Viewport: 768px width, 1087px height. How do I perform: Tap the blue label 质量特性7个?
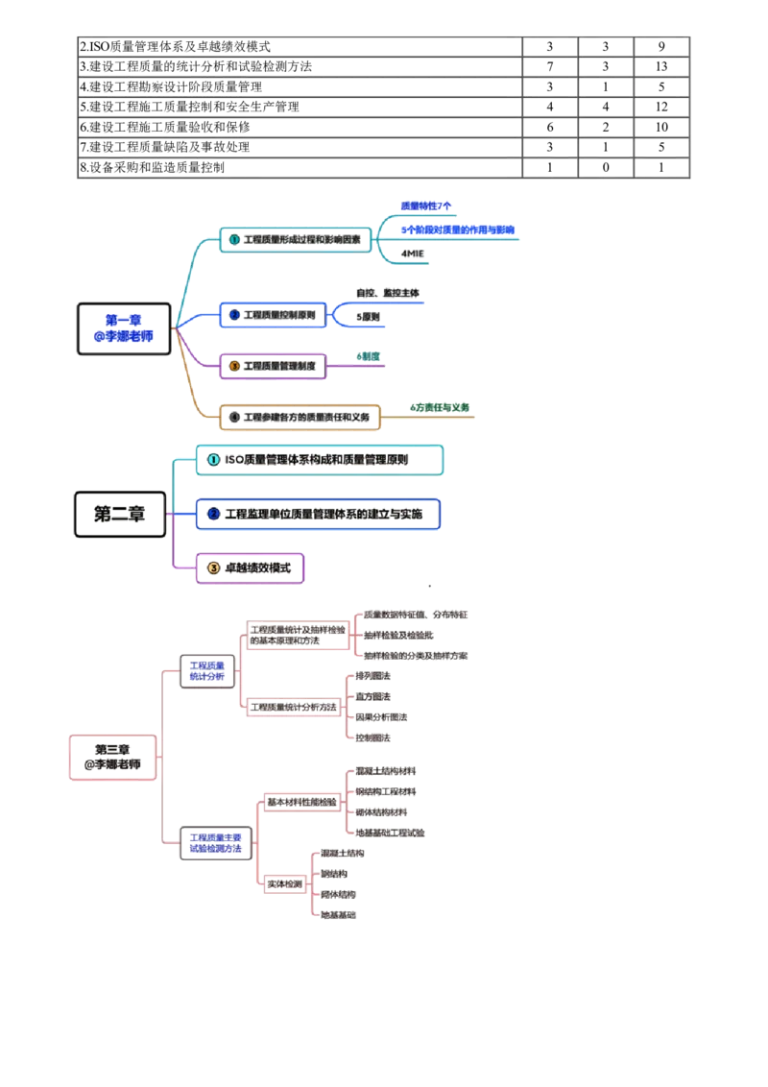point(425,206)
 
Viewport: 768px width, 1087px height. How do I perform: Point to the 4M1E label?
point(412,254)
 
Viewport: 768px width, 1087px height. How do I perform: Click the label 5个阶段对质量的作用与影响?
point(458,230)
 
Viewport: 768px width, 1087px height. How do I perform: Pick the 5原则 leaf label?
point(368,315)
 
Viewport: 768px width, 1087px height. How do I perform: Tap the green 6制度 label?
point(369,356)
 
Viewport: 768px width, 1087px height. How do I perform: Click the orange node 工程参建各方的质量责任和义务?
point(300,417)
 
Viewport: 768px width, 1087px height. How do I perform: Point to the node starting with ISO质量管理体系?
point(320,461)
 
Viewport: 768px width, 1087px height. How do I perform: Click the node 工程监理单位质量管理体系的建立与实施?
point(319,515)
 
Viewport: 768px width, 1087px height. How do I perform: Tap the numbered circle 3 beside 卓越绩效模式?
point(213,568)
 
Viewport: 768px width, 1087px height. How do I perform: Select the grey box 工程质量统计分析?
point(205,670)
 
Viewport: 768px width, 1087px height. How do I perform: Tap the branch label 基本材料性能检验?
point(300,802)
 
